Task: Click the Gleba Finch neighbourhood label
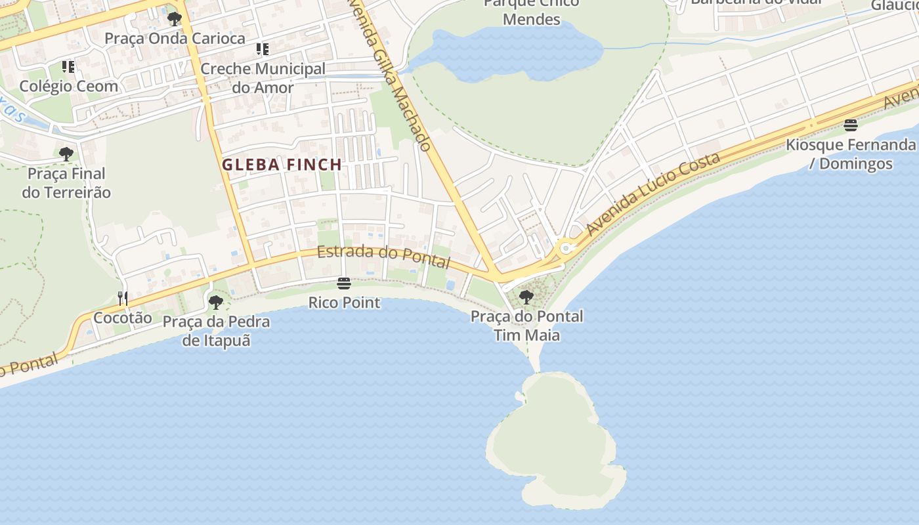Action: [282, 165]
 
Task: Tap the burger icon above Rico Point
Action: [343, 283]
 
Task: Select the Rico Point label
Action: [344, 303]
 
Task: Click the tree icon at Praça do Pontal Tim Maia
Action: [526, 297]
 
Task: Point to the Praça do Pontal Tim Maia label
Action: [526, 325]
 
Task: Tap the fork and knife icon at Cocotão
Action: [123, 299]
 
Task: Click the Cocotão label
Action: [123, 318]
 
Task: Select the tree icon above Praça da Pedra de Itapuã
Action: [215, 303]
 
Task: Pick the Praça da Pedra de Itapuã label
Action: [216, 331]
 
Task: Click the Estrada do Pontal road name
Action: [383, 257]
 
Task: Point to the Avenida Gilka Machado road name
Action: [392, 75]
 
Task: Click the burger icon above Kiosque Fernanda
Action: [851, 125]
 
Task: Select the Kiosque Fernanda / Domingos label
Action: [851, 154]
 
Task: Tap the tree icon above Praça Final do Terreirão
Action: [66, 154]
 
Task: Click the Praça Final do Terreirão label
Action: [66, 183]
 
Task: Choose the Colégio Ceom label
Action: [69, 86]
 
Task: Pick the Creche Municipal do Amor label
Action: [263, 77]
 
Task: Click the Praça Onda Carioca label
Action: [175, 38]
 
